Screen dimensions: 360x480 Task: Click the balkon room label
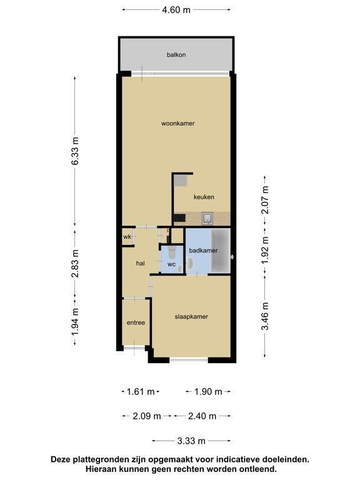[176, 55]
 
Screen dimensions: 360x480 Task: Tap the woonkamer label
[178, 123]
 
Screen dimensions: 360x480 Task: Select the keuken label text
[204, 197]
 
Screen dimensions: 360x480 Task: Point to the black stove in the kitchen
[180, 217]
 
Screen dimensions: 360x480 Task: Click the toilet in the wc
[171, 252]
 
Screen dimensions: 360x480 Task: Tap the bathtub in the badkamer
[221, 251]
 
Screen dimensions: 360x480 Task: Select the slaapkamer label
[191, 316]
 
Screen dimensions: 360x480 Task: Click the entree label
[136, 322]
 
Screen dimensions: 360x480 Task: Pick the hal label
[140, 263]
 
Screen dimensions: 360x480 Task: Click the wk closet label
[127, 237]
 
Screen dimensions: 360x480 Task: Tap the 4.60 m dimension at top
[176, 10]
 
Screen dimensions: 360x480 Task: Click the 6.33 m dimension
[75, 151]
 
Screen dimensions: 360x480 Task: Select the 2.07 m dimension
[265, 200]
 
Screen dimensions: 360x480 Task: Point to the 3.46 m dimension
[265, 316]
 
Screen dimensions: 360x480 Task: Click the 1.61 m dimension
[141, 391]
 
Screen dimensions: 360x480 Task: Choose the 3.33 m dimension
[191, 441]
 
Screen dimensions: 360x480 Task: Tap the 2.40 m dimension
[202, 416]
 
